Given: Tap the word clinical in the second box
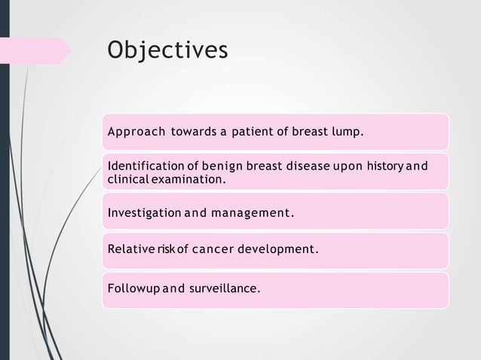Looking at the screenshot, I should [x=126, y=181].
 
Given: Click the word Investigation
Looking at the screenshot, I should [x=142, y=212].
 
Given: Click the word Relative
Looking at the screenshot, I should [x=130, y=248].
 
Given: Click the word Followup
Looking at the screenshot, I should [x=133, y=288].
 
